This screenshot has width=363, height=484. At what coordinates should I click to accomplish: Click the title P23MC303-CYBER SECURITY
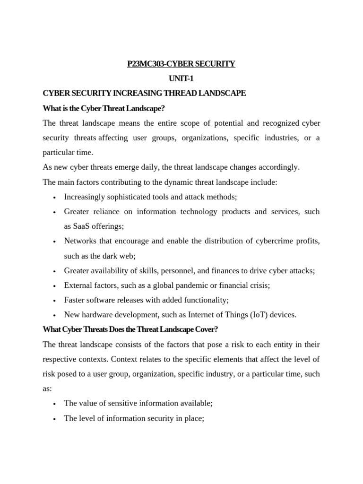181,64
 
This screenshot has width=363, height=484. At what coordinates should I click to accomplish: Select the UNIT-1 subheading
181,78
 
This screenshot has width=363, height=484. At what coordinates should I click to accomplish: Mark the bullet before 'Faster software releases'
55,301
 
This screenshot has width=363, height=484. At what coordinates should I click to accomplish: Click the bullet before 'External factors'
55,286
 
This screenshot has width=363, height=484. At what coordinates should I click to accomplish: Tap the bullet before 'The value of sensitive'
55,404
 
